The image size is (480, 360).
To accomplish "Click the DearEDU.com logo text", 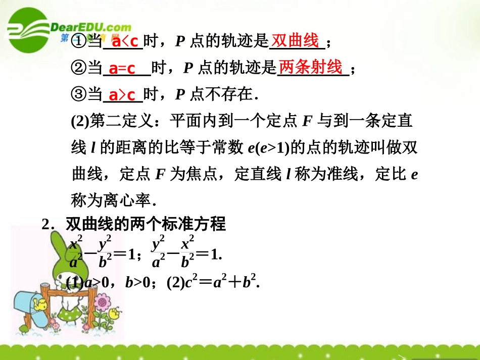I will point(91,27).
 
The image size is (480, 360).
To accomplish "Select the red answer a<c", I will point(124,42).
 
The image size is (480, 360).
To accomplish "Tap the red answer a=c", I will point(123,69).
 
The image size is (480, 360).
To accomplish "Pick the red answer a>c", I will point(123,95).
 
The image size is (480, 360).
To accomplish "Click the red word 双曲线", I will point(296,40).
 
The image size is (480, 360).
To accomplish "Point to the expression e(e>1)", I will point(269,148).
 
